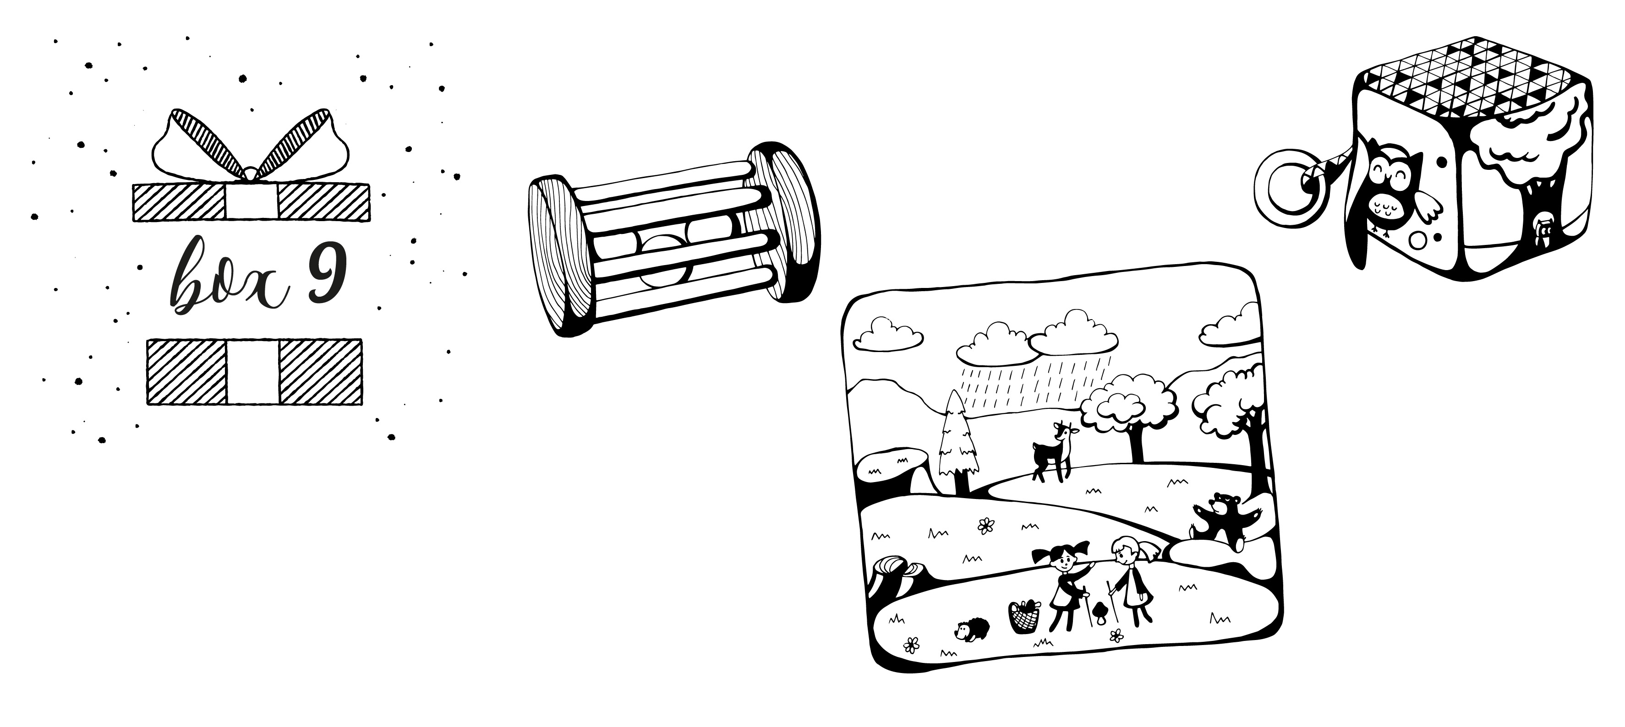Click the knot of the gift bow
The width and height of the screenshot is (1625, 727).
[x=251, y=174]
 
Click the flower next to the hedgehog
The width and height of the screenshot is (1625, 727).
[x=912, y=645]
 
